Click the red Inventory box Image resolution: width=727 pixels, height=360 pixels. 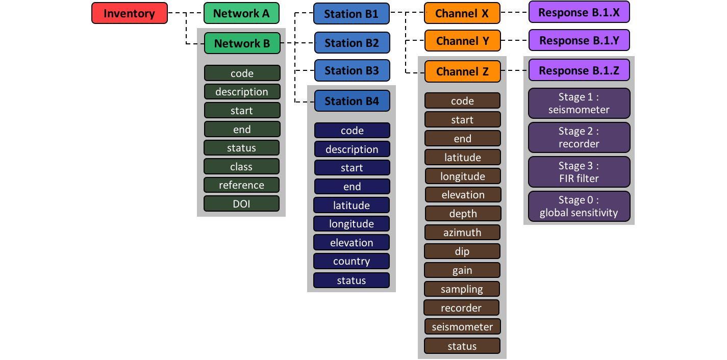130,13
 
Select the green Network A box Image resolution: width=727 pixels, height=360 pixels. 241,13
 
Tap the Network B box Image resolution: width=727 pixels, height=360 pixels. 242,43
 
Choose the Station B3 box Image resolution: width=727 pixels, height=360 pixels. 352,70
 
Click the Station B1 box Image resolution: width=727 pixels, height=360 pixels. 352,14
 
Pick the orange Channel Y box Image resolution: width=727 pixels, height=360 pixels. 462,41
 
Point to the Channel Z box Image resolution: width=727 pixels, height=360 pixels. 462,72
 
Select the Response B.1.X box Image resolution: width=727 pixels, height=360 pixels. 579,12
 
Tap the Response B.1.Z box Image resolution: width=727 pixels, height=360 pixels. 579,70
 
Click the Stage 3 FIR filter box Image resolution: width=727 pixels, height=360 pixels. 579,172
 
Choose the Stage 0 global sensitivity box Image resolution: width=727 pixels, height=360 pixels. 579,207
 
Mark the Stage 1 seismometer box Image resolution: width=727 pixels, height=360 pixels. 579,104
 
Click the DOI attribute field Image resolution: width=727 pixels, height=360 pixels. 241,204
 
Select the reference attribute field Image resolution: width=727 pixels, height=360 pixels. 241,185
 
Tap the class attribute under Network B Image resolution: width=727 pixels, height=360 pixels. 241,167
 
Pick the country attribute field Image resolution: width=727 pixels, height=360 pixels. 352,261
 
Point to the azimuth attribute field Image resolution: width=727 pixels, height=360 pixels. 462,233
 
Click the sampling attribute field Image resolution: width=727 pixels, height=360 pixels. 462,289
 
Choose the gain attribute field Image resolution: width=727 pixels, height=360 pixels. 462,270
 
